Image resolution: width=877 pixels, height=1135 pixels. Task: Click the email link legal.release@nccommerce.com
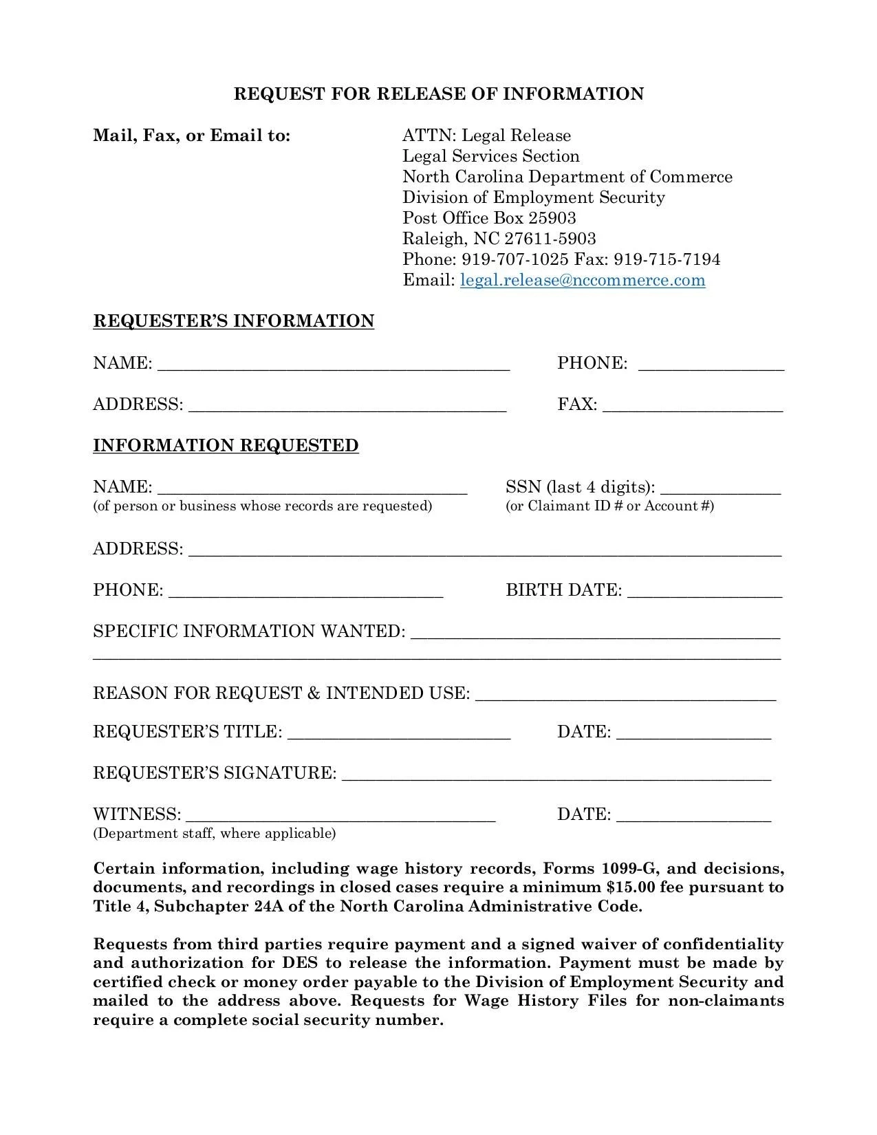point(582,280)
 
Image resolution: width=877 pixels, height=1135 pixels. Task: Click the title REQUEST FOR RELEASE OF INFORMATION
point(439,94)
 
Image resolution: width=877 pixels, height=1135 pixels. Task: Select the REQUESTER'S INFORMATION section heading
point(233,321)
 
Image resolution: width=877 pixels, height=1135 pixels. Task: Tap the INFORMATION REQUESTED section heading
point(226,446)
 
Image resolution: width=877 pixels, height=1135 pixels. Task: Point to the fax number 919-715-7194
point(667,259)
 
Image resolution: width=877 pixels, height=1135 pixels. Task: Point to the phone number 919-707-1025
point(515,259)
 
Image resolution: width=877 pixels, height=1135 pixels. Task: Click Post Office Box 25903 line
point(489,218)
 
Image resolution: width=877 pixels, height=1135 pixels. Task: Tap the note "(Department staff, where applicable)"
point(215,834)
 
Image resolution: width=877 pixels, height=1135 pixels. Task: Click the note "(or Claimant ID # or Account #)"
point(609,506)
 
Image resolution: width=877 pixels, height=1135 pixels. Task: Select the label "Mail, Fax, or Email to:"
point(192,136)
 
